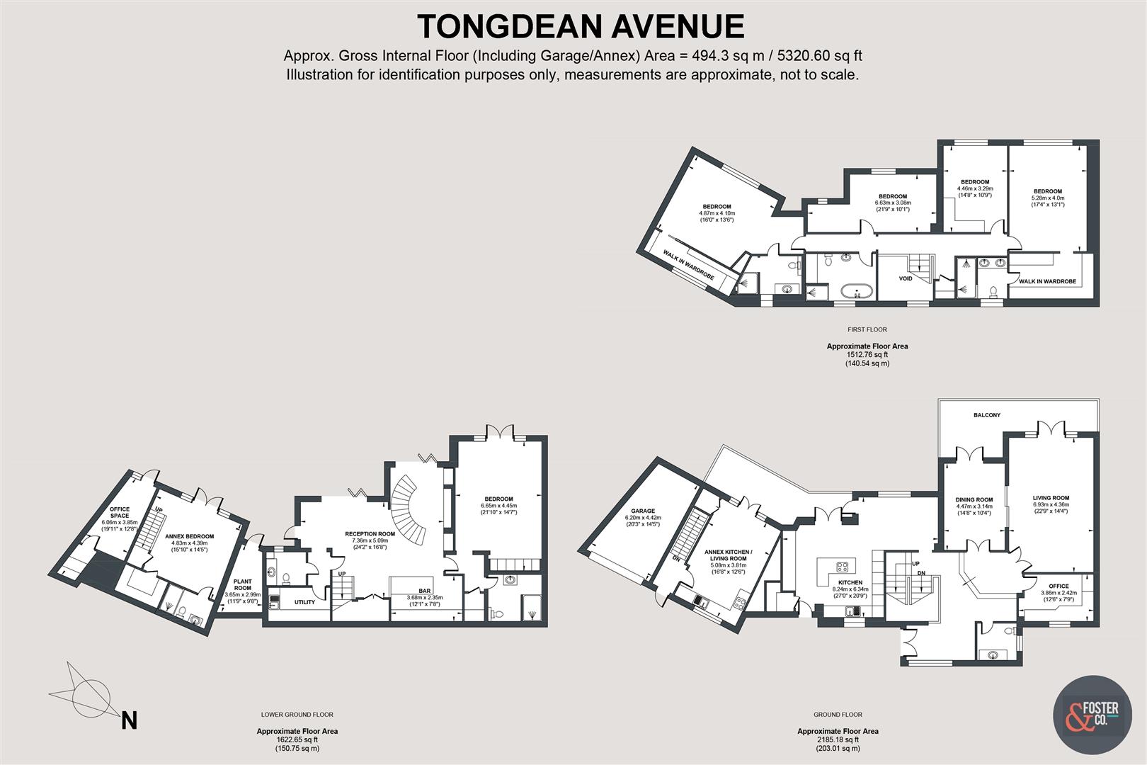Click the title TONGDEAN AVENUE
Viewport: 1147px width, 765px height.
[x=580, y=27]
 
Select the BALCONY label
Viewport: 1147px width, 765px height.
[x=987, y=415]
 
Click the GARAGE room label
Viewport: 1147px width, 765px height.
[x=643, y=511]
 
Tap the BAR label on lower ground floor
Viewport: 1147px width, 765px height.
[x=425, y=590]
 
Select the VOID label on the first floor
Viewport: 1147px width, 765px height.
[x=906, y=278]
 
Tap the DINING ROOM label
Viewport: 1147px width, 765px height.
[x=974, y=499]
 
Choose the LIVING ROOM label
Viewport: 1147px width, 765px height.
[x=1051, y=498]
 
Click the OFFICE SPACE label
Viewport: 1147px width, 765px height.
[x=120, y=512]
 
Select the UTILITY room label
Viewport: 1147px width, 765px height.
[x=304, y=602]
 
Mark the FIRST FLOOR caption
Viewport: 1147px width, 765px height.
[x=867, y=329]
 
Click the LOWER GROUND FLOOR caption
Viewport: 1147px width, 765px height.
[x=297, y=715]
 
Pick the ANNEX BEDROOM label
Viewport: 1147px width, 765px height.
[x=189, y=536]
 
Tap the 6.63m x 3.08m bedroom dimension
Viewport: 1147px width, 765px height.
[x=893, y=203]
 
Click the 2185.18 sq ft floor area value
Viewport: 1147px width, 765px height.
[x=838, y=739]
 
